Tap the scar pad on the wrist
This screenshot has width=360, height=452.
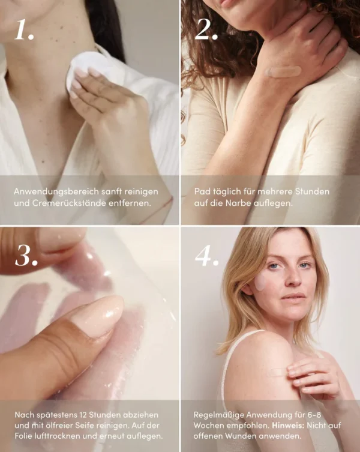pyautogui.click(x=283, y=71)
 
